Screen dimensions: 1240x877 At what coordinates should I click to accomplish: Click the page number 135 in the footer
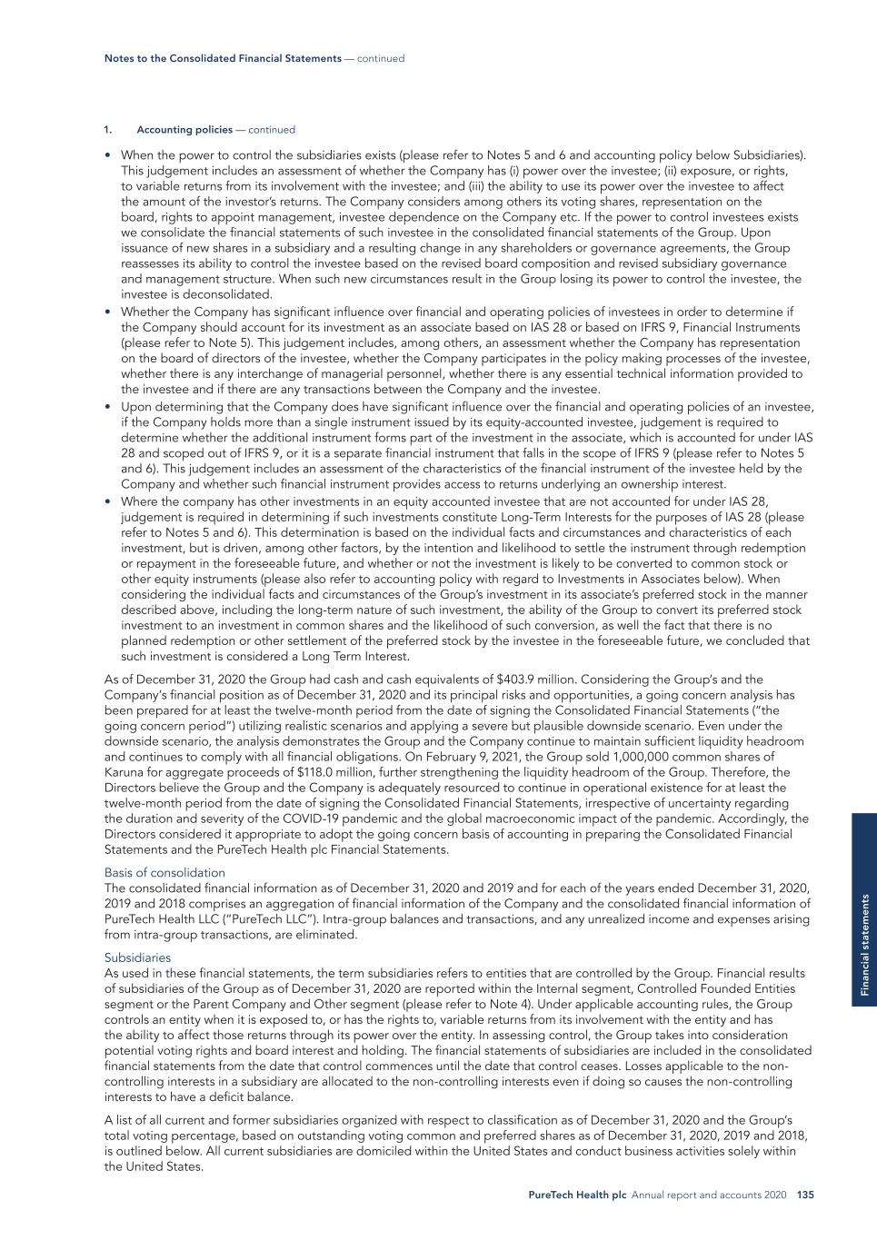(x=805, y=1195)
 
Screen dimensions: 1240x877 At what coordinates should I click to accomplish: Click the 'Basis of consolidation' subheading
(x=164, y=872)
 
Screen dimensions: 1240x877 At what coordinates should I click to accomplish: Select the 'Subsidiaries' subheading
(x=137, y=957)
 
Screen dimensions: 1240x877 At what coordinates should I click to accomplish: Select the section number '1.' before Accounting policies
(x=107, y=130)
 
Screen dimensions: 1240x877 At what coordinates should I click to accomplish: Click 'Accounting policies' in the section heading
(x=185, y=130)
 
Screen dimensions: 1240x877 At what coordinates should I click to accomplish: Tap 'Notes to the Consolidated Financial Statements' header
(x=223, y=58)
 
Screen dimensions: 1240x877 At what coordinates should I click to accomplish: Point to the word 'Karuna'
(x=124, y=772)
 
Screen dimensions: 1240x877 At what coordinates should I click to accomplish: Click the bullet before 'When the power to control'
(x=109, y=155)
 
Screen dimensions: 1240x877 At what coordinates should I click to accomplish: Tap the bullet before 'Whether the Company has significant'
(x=109, y=311)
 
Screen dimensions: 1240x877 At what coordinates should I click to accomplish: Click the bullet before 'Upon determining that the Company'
(x=109, y=406)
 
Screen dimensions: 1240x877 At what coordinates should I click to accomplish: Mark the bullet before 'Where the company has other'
(x=109, y=501)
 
